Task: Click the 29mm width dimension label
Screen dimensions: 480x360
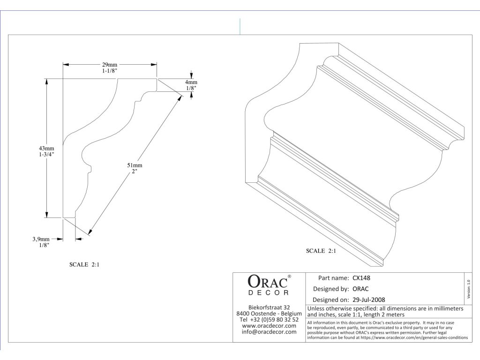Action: (110, 64)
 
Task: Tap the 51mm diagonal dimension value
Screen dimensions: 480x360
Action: (135, 165)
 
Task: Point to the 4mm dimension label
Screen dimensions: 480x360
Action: (191, 82)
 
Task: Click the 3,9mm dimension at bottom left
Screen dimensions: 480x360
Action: (41, 239)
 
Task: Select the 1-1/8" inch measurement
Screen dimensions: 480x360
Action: (110, 70)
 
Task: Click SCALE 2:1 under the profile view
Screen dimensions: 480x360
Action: (84, 264)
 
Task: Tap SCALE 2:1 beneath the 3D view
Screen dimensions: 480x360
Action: (321, 251)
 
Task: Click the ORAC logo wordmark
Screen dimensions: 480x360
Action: (266, 282)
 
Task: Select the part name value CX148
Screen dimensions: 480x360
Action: (361, 277)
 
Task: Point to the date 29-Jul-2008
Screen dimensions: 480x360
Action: (369, 300)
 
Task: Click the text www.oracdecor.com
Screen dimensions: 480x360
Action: (269, 325)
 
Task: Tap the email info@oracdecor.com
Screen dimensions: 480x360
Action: (269, 331)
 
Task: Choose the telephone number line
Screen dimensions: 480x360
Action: (269, 319)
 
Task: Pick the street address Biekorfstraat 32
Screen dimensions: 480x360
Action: (269, 307)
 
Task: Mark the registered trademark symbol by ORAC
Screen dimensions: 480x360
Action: (289, 277)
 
